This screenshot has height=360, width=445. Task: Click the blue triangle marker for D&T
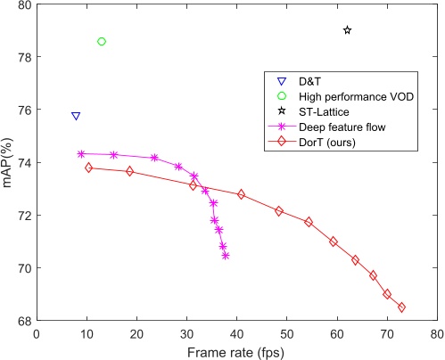(76, 117)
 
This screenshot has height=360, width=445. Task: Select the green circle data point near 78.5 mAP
(102, 42)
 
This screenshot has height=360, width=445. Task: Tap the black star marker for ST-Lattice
(347, 30)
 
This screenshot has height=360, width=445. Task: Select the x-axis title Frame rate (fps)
(236, 352)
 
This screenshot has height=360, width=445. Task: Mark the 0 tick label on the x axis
(37, 334)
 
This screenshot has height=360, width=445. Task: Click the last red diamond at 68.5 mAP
(401, 307)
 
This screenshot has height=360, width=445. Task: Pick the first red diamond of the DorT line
(88, 168)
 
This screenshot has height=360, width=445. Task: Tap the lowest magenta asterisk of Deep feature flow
(226, 256)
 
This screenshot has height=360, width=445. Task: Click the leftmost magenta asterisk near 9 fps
(81, 154)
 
